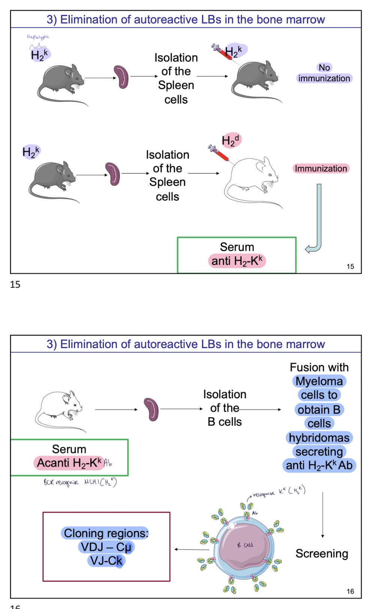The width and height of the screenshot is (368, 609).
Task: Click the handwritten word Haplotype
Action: click(x=38, y=37)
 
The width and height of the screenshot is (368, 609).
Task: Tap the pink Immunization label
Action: click(x=321, y=169)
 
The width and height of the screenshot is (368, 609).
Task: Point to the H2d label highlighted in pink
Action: click(x=231, y=140)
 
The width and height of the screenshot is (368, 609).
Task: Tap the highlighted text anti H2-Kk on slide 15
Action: click(x=237, y=261)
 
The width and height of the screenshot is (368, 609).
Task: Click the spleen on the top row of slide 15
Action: click(x=121, y=77)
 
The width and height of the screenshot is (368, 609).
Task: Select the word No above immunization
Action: click(x=324, y=67)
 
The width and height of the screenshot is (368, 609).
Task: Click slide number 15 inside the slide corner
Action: click(x=350, y=267)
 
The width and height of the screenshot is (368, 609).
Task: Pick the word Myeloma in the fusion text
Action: click(x=319, y=381)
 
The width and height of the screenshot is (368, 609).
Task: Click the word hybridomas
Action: click(x=319, y=438)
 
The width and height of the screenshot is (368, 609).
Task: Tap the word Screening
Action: click(x=322, y=553)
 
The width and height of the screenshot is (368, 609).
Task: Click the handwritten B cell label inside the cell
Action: click(x=245, y=545)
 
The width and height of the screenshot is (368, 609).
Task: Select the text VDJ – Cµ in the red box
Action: click(x=106, y=547)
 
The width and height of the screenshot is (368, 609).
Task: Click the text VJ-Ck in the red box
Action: click(x=106, y=561)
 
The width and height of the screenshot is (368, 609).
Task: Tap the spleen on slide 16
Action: click(x=151, y=409)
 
